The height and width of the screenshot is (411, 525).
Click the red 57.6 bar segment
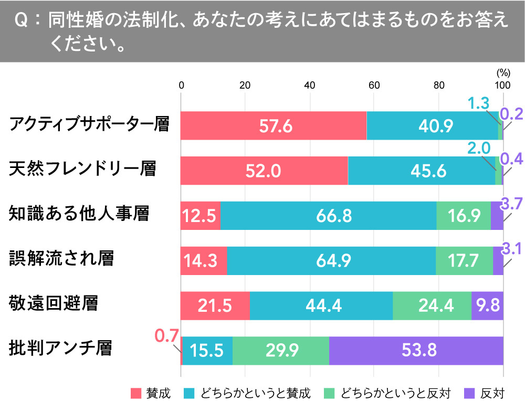(x=273, y=126)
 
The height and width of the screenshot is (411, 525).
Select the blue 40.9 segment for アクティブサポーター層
(x=432, y=126)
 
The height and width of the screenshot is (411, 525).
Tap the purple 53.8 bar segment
(x=416, y=351)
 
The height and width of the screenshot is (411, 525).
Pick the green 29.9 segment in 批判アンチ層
(x=280, y=351)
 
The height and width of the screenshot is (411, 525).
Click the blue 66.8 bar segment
(x=328, y=216)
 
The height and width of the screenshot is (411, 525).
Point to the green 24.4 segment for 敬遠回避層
(x=432, y=306)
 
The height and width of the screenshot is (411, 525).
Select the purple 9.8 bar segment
(x=487, y=306)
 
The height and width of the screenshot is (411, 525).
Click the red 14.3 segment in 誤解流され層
(x=203, y=261)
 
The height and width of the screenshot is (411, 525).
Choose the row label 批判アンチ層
(x=60, y=348)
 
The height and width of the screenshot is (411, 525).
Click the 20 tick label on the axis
(x=245, y=86)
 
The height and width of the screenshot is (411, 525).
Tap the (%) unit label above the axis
(x=502, y=73)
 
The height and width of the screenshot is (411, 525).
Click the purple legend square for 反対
(x=469, y=393)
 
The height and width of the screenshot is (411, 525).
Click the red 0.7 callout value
(x=167, y=335)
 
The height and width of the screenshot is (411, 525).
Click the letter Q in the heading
(x=22, y=22)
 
